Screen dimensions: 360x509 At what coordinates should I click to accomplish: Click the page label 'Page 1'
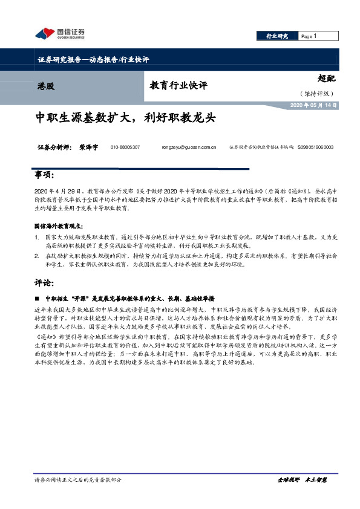click(x=309, y=36)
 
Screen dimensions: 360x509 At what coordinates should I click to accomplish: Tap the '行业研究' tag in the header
click(x=278, y=36)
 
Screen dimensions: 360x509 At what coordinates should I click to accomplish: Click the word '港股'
click(x=45, y=86)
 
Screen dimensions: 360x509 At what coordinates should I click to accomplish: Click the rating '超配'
click(x=326, y=79)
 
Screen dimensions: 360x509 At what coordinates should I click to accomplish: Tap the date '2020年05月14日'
click(x=314, y=106)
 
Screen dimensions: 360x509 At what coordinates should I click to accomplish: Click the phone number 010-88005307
click(x=125, y=147)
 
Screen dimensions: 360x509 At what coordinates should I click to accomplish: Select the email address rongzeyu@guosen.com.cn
click(x=189, y=147)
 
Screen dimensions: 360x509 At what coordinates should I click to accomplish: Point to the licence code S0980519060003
click(x=315, y=147)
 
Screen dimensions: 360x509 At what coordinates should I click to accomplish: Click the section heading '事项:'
click(x=47, y=175)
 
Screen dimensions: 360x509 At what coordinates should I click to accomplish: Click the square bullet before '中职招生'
click(x=37, y=299)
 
